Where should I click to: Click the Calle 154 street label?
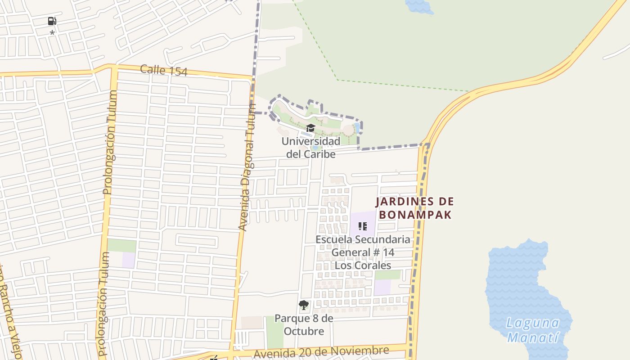(163, 70)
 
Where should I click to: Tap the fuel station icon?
(52, 21)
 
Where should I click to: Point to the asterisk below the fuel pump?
(52, 33)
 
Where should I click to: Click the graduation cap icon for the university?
(310, 129)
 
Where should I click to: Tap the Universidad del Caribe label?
(311, 148)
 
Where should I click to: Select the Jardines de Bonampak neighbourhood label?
(415, 208)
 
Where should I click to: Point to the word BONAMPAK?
(415, 215)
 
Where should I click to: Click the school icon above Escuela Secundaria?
(362, 226)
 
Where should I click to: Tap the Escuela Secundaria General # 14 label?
(363, 246)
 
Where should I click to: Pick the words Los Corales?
(363, 265)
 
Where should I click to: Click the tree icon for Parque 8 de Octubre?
(304, 305)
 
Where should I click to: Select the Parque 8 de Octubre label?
(304, 325)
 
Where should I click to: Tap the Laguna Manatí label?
(533, 330)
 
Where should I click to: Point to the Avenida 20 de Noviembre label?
(321, 352)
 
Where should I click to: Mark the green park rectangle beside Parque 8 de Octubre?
(274, 332)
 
